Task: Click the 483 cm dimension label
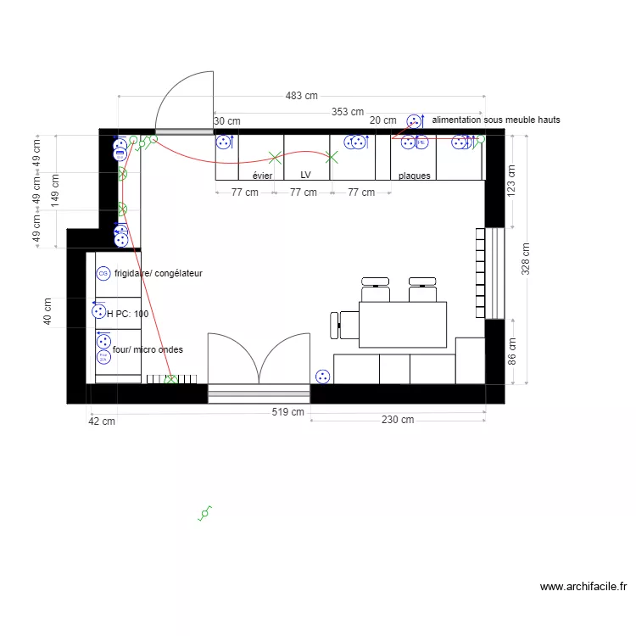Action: [x=301, y=96]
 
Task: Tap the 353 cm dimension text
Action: [x=347, y=112]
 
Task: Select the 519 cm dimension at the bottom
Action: [x=288, y=413]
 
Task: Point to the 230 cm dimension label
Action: [x=397, y=420]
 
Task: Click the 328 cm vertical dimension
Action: [x=526, y=260]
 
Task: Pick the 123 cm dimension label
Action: [x=510, y=181]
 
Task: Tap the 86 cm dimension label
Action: [x=510, y=351]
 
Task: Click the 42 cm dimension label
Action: [x=102, y=421]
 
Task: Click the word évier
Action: [x=262, y=176]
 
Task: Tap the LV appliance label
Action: [x=306, y=176]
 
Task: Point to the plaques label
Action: [x=415, y=176]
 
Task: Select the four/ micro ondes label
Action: [x=148, y=349]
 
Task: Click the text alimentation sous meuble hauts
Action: [x=496, y=120]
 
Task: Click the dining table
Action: [x=403, y=324]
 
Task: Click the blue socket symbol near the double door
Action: [x=322, y=376]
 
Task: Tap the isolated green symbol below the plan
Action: [x=204, y=513]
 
